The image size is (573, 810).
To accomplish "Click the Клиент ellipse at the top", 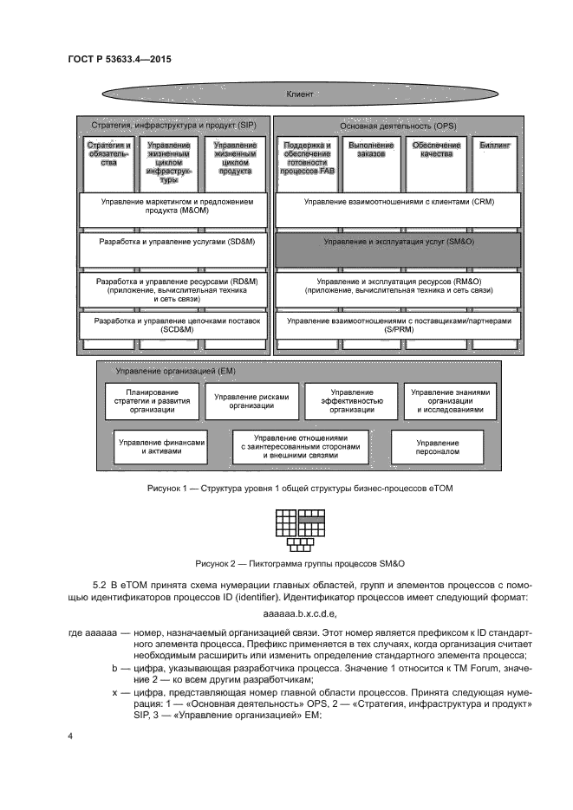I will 299,94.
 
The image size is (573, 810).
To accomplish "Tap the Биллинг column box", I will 495,147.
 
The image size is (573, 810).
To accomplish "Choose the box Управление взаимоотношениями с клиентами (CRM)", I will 398,202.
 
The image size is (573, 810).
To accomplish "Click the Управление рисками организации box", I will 251,400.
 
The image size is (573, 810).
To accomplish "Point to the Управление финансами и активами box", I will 161,447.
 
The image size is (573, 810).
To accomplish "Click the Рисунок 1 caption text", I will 300,489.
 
